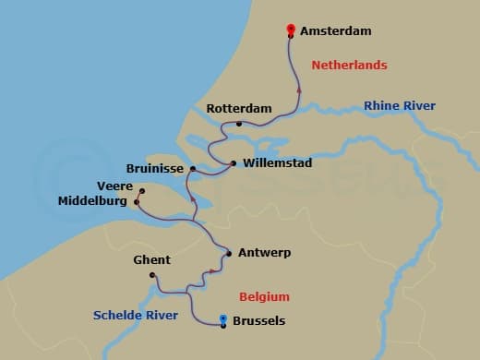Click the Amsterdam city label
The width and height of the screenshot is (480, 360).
[x=335, y=31]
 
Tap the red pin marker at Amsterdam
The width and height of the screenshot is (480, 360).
[x=292, y=30]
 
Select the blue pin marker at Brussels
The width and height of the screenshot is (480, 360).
[x=224, y=320]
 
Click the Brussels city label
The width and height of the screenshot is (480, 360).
[x=260, y=321]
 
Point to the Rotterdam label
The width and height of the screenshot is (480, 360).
[x=239, y=109]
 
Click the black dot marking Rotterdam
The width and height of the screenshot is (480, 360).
[x=239, y=124]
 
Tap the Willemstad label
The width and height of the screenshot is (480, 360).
[x=278, y=163]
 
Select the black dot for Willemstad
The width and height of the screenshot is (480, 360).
[x=233, y=163]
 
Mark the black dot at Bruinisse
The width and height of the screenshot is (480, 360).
[x=192, y=169]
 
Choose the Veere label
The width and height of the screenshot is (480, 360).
[x=115, y=186]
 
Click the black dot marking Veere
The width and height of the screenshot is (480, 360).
[x=141, y=191]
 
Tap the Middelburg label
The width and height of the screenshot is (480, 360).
[x=92, y=200]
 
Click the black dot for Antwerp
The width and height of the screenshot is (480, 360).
[x=228, y=253]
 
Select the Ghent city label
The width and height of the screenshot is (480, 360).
[x=151, y=260]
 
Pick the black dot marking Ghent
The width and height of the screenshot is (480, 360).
[x=152, y=274]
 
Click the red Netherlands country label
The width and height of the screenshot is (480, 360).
[x=349, y=66]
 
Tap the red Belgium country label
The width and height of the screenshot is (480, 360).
[x=264, y=297]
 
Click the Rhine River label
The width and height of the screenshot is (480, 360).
[x=400, y=106]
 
